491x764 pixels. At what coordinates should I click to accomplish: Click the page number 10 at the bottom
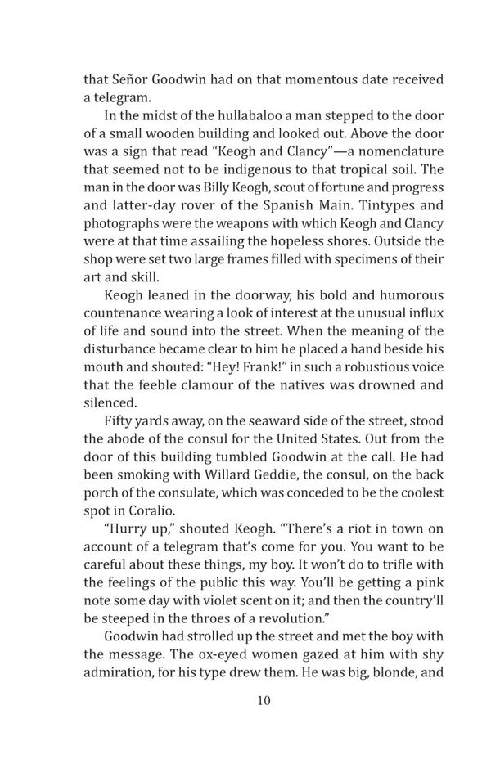click(262, 700)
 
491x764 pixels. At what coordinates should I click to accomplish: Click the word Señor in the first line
click(133, 79)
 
